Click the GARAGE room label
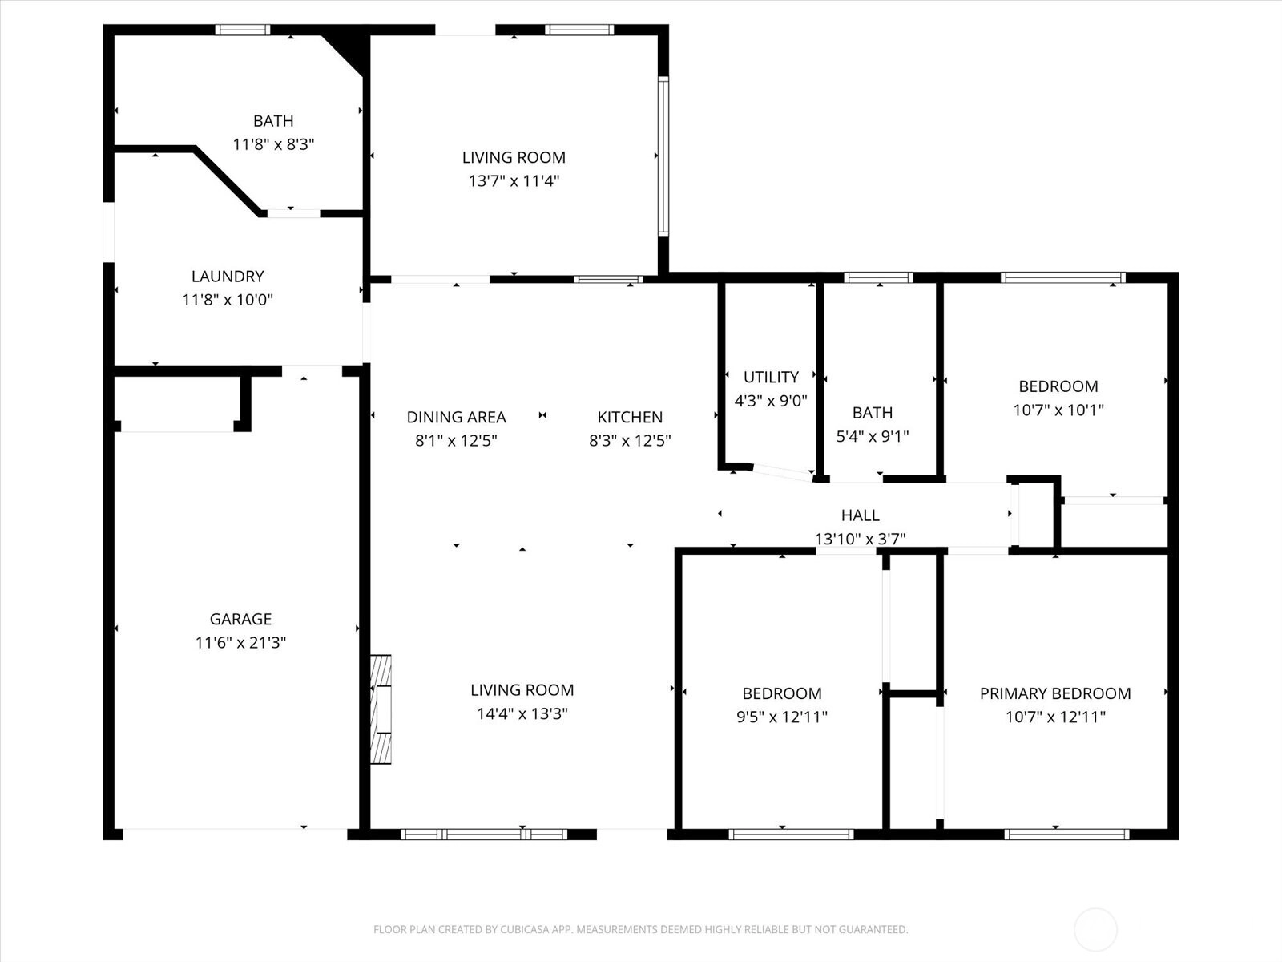tap(240, 619)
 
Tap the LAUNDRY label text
tap(228, 276)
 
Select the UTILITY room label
tap(771, 377)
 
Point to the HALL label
tap(861, 515)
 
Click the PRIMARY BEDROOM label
tap(1055, 693)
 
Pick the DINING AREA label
tap(456, 417)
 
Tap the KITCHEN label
tap(630, 417)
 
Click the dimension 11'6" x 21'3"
tap(240, 642)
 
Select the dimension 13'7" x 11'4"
tap(514, 181)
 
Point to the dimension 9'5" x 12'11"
tap(782, 717)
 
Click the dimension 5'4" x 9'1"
tap(873, 436)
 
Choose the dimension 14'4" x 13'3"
tap(522, 713)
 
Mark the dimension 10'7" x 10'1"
tap(1058, 410)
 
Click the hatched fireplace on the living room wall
tap(381, 709)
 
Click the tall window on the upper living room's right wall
tap(663, 156)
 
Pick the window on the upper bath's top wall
tap(243, 30)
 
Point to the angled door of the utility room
tap(782, 472)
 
